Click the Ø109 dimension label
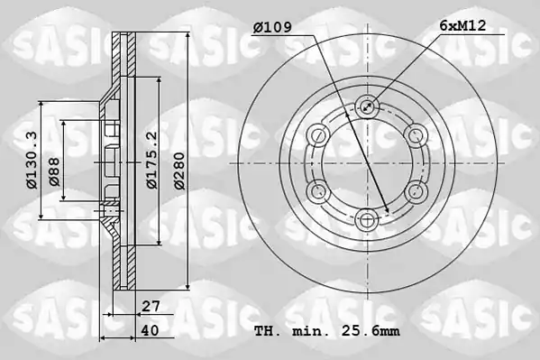(272, 27)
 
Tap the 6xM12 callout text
(462, 25)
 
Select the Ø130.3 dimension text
(32, 160)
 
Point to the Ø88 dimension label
(54, 171)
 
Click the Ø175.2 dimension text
(151, 160)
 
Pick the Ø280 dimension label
(179, 171)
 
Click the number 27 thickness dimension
(151, 306)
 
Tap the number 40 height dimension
(151, 330)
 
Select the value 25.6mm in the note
(371, 331)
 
